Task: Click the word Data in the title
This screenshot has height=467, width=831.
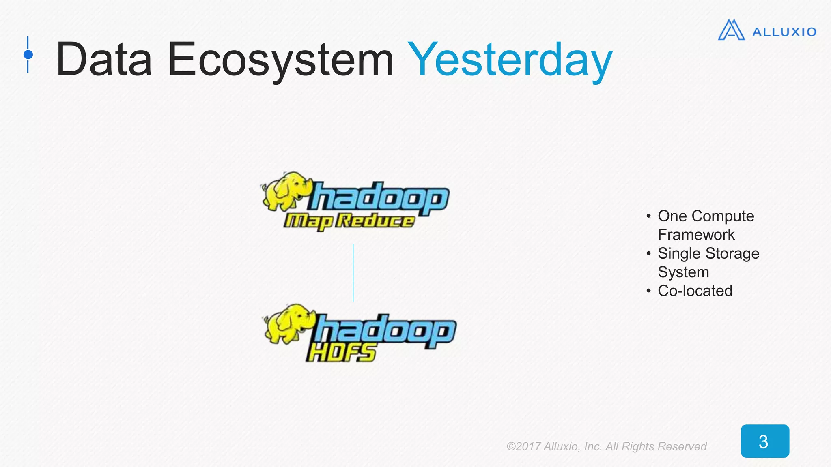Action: [104, 60]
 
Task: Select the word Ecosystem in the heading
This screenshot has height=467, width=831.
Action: [280, 60]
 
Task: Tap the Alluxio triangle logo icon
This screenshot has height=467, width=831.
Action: [731, 30]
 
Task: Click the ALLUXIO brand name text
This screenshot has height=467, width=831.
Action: [784, 32]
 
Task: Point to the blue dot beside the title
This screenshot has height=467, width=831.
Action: [28, 54]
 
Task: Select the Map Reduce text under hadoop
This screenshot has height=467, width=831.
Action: [349, 221]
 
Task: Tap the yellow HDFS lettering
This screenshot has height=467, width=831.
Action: [341, 352]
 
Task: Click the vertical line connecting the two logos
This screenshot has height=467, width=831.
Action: [353, 272]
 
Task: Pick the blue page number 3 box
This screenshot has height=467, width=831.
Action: [765, 441]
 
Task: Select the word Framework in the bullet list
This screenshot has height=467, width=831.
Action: [696, 235]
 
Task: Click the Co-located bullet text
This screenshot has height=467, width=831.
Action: [695, 291]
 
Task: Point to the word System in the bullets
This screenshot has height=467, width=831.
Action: [683, 272]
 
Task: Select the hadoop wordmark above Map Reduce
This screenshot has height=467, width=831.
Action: [380, 198]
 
